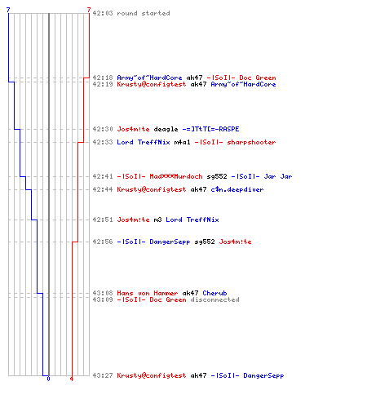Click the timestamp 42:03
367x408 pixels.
pos(103,13)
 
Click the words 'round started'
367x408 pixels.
pos(144,13)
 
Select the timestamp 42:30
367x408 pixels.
pos(103,129)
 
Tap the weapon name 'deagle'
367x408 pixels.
pos(166,129)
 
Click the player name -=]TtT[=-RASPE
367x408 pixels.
pos(210,129)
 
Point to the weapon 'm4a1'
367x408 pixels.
pos(182,142)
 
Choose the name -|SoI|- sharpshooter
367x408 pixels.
pos(235,142)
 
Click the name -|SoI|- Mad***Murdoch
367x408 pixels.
pos(160,176)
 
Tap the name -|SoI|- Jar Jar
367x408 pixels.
pos(262,176)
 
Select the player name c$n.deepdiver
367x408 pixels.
pos(237,189)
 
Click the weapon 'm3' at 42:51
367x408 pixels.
pos(157,220)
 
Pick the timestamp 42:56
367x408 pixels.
pos(103,242)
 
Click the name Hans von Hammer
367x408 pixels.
pos(148,293)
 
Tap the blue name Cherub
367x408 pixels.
pos(214,293)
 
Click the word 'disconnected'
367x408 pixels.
pos(214,299)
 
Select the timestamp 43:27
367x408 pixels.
pos(103,375)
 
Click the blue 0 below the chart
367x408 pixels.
pos(48,379)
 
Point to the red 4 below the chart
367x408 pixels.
pos(72,379)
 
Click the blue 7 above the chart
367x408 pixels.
pos(8,10)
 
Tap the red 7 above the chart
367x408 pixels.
pos(89,10)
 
